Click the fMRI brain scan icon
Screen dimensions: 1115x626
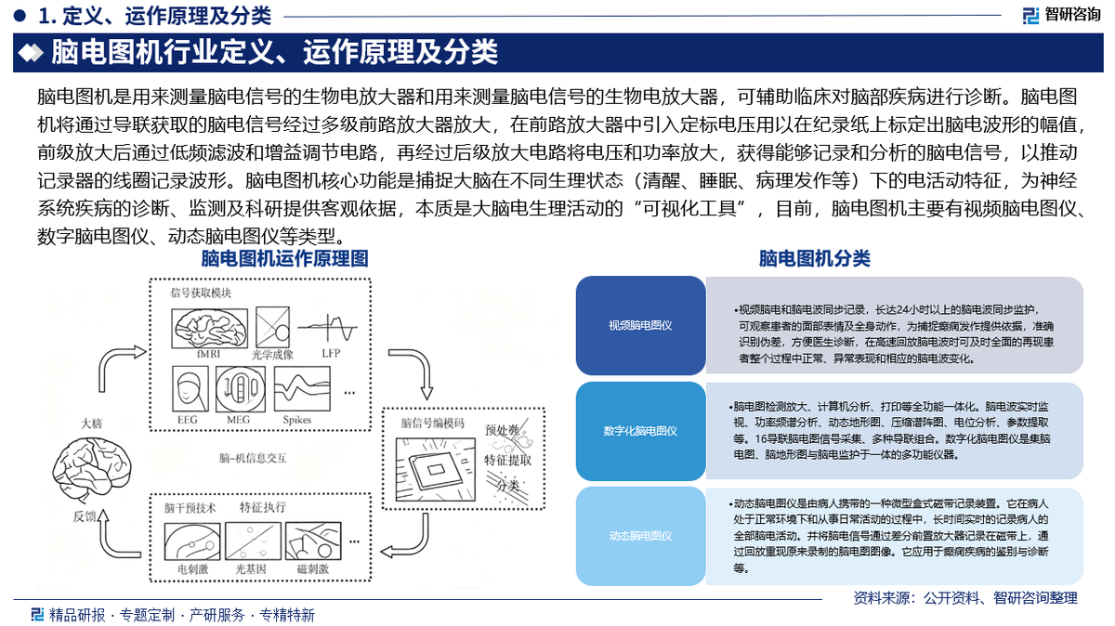(x=209, y=328)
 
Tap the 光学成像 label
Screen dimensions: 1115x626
(x=271, y=354)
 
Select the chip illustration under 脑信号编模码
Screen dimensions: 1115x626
(x=432, y=465)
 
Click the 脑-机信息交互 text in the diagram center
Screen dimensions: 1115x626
(x=254, y=457)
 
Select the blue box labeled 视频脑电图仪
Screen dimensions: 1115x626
(x=640, y=325)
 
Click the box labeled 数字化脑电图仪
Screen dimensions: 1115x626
(x=640, y=431)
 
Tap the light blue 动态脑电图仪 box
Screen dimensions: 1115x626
(x=640, y=536)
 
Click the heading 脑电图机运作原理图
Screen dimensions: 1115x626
(x=285, y=257)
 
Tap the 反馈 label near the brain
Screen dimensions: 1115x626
(x=84, y=516)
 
